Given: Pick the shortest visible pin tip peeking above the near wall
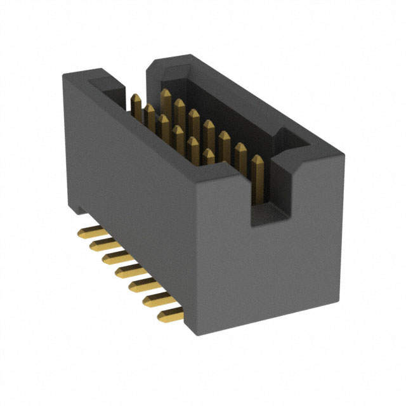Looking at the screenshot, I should (209, 154).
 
